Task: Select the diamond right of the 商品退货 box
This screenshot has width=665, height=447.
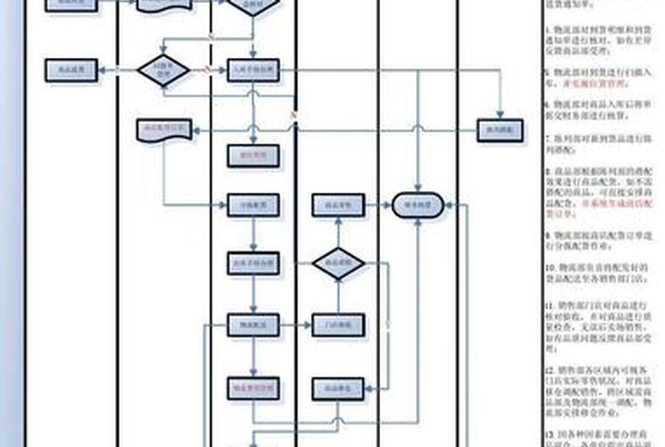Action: [162, 69]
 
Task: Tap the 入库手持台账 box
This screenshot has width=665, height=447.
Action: [253, 69]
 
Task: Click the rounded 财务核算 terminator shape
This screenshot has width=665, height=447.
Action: [419, 204]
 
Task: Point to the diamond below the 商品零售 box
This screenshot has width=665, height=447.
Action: [339, 264]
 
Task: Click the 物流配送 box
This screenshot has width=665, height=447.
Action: [253, 325]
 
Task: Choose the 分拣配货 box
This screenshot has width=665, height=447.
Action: [253, 204]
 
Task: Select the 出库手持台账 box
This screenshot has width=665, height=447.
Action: [253, 263]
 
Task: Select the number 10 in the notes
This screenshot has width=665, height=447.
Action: [548, 269]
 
